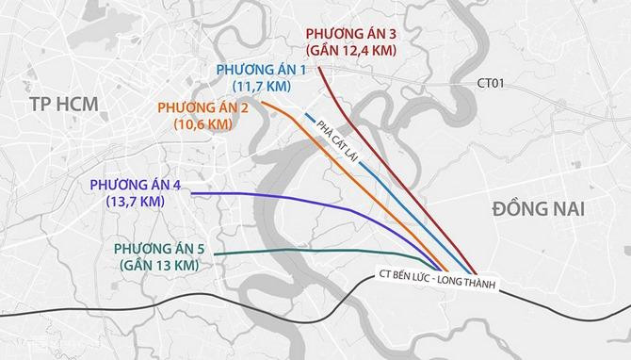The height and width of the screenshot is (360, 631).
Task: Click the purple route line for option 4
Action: click(x=311, y=200)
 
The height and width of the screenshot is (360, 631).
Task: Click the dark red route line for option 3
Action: click(x=377, y=151)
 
